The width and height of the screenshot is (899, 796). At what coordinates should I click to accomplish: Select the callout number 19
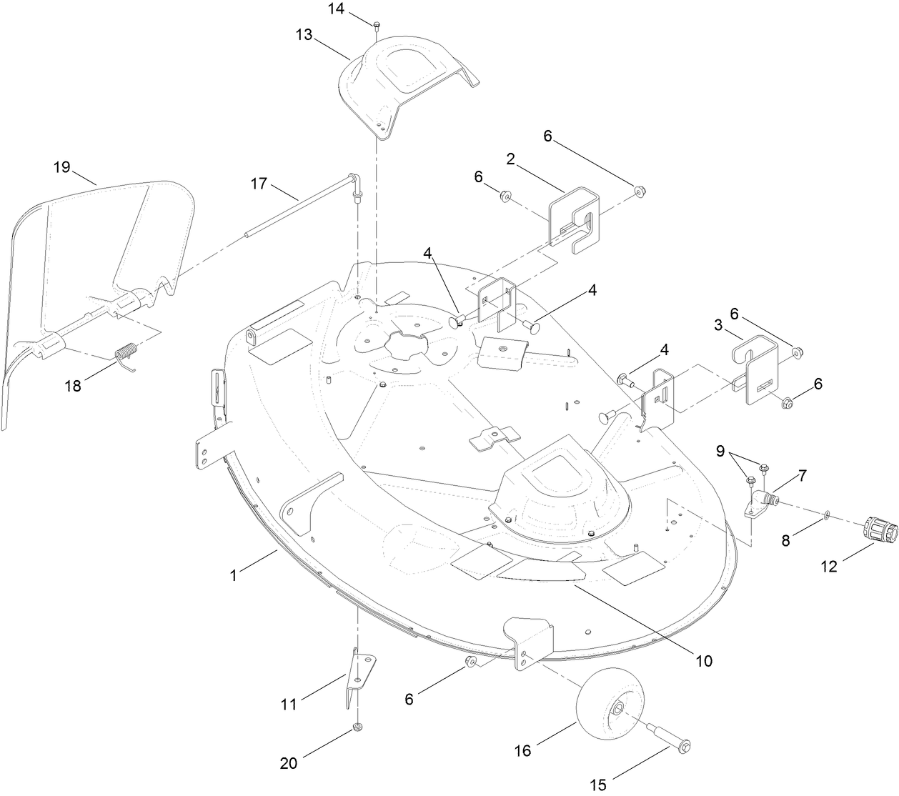(62, 166)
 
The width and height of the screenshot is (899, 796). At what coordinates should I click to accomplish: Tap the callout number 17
(259, 184)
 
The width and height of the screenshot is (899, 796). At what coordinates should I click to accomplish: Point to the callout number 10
(704, 661)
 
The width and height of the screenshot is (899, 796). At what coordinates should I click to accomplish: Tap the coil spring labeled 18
(126, 354)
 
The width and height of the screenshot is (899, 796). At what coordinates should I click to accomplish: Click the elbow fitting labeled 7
(760, 502)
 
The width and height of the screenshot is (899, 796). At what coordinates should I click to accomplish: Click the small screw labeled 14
(376, 26)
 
